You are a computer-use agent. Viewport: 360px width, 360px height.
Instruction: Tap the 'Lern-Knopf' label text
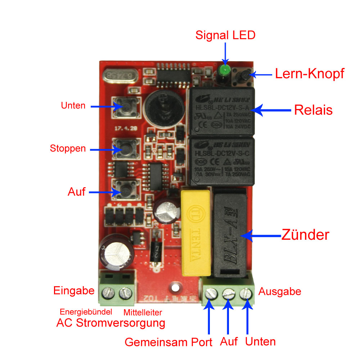pyautogui.click(x=310, y=74)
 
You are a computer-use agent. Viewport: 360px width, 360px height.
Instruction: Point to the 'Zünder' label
pyautogui.click(x=305, y=235)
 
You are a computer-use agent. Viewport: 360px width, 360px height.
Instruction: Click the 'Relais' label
pyautogui.click(x=313, y=110)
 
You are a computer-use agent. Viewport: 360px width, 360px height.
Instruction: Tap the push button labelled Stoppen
pyautogui.click(x=125, y=148)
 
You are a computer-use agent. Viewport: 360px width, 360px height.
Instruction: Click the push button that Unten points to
pyautogui.click(x=125, y=107)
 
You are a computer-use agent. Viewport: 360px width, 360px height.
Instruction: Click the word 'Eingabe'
pyautogui.click(x=74, y=291)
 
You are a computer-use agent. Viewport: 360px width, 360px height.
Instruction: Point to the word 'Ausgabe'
pyautogui.click(x=280, y=291)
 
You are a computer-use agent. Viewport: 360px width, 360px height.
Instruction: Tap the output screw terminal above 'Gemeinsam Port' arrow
pyautogui.click(x=210, y=295)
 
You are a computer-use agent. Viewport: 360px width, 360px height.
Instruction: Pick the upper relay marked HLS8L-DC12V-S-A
pyautogui.click(x=222, y=111)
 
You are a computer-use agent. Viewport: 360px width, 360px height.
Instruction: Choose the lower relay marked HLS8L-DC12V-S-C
pyautogui.click(x=222, y=161)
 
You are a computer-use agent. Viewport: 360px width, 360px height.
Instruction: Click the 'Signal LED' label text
pyautogui.click(x=225, y=35)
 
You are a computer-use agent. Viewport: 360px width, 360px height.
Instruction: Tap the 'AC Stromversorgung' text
pyautogui.click(x=111, y=323)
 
